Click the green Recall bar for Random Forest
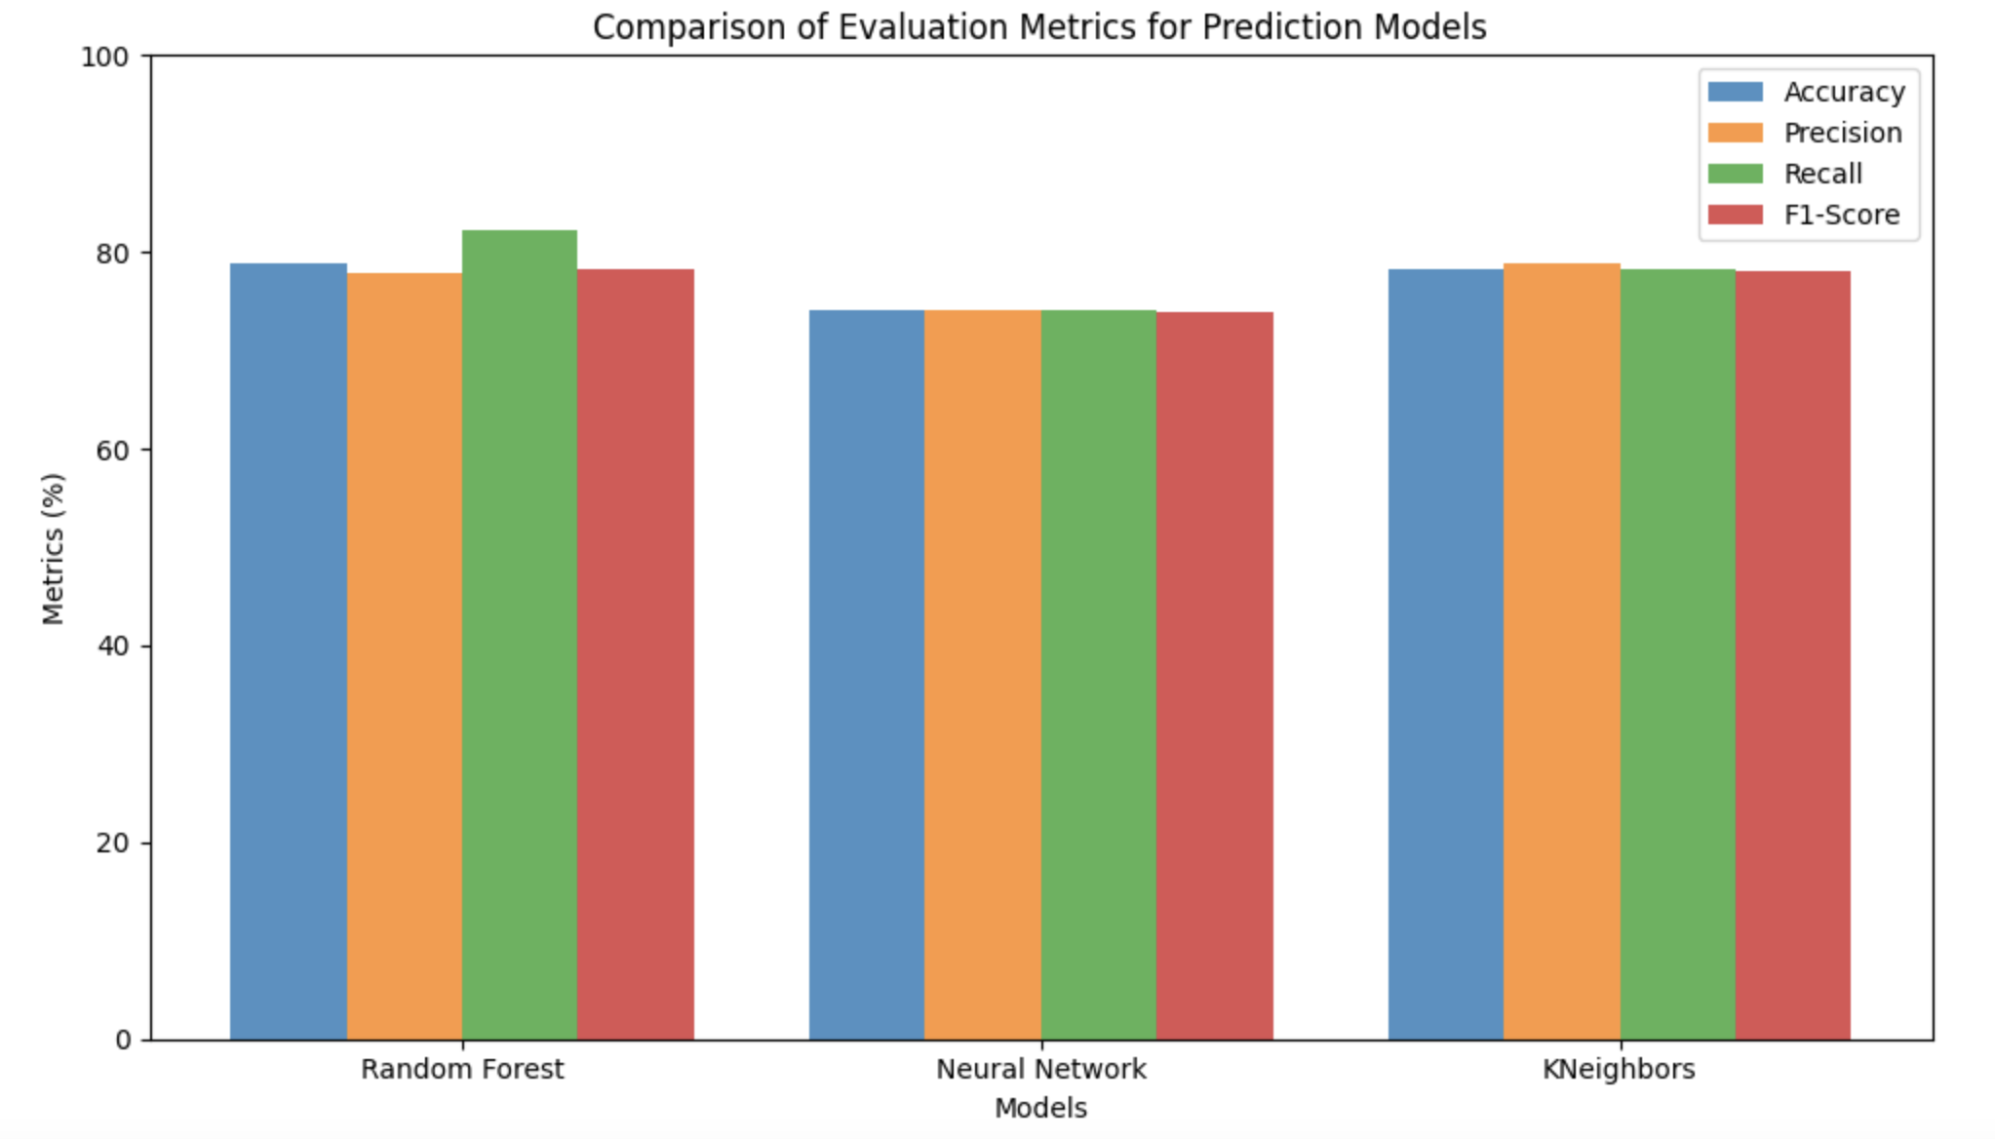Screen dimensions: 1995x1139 pos(520,635)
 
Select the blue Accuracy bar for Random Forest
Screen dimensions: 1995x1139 pos(289,651)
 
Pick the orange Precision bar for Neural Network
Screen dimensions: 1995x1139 pos(983,675)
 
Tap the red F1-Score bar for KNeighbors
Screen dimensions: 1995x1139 pos(1793,655)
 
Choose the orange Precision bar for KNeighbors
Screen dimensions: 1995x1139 pos(1562,651)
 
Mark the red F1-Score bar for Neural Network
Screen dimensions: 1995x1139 pos(1215,676)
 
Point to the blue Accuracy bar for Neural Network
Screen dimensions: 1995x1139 pos(867,675)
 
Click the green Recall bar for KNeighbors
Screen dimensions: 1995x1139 pos(1678,654)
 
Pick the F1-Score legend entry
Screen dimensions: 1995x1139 pos(1804,215)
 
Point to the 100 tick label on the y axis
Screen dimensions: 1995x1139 pos(104,57)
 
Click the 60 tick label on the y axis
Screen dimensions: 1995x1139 pos(113,450)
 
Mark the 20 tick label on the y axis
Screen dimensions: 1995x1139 pos(113,843)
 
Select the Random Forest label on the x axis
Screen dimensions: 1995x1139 pos(462,1070)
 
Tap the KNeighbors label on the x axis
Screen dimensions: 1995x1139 pos(1619,1070)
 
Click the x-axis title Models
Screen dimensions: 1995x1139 pos(1040,1109)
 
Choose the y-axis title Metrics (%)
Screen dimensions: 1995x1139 pos(53,548)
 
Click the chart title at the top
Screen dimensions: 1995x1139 pos(1039,26)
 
